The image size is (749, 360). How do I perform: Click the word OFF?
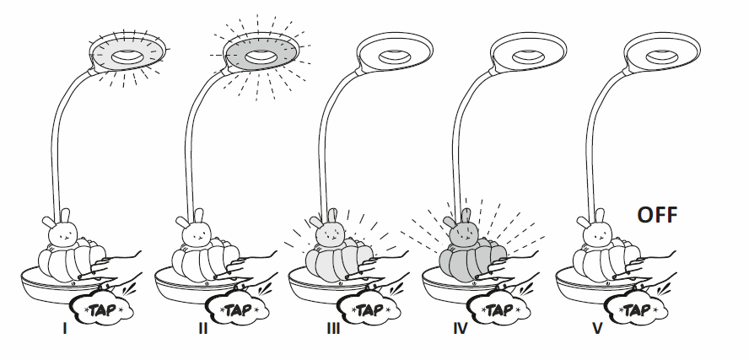pyautogui.click(x=657, y=214)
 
